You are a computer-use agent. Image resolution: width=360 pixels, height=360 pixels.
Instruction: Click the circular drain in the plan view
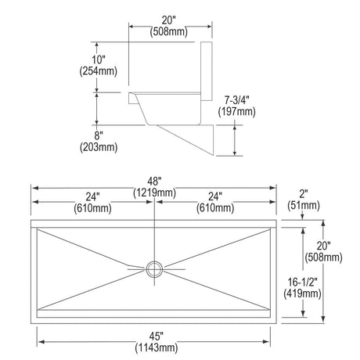coord(154,269)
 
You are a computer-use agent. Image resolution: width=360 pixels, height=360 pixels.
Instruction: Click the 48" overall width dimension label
coord(154,181)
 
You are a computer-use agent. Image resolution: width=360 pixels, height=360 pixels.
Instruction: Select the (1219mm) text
coord(154,193)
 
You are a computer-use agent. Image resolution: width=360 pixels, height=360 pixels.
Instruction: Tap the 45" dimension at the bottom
coord(157,336)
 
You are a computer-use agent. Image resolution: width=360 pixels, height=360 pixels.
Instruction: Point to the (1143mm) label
coord(157,347)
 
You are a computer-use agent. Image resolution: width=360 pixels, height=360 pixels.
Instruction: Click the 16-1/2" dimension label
coord(302,282)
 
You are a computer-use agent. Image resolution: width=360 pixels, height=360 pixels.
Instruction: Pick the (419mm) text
coord(302,293)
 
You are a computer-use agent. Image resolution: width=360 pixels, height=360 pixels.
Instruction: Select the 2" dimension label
coord(304,194)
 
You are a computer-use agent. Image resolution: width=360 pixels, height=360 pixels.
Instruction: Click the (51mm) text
coord(304,205)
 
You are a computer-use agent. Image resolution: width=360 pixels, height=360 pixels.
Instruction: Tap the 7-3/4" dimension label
coord(237,100)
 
